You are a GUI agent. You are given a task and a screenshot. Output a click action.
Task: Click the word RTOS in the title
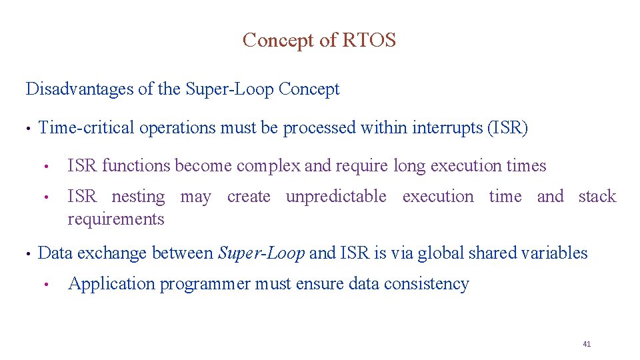click(369, 41)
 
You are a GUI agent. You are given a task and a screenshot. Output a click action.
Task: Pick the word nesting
click(138, 197)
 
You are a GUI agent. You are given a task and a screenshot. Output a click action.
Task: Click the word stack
click(597, 197)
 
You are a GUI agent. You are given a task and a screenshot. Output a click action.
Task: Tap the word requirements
click(116, 219)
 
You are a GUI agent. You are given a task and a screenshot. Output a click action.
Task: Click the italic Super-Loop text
click(262, 253)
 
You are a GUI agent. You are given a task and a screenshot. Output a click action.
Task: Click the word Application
click(111, 284)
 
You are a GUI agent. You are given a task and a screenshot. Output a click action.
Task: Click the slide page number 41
click(587, 344)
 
